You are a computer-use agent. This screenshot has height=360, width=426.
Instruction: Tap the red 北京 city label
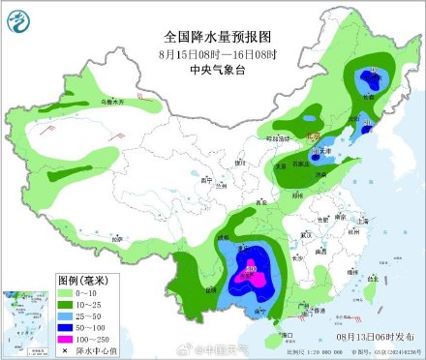pos(312,137)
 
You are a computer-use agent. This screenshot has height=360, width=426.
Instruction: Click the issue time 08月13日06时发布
pos(373,332)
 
